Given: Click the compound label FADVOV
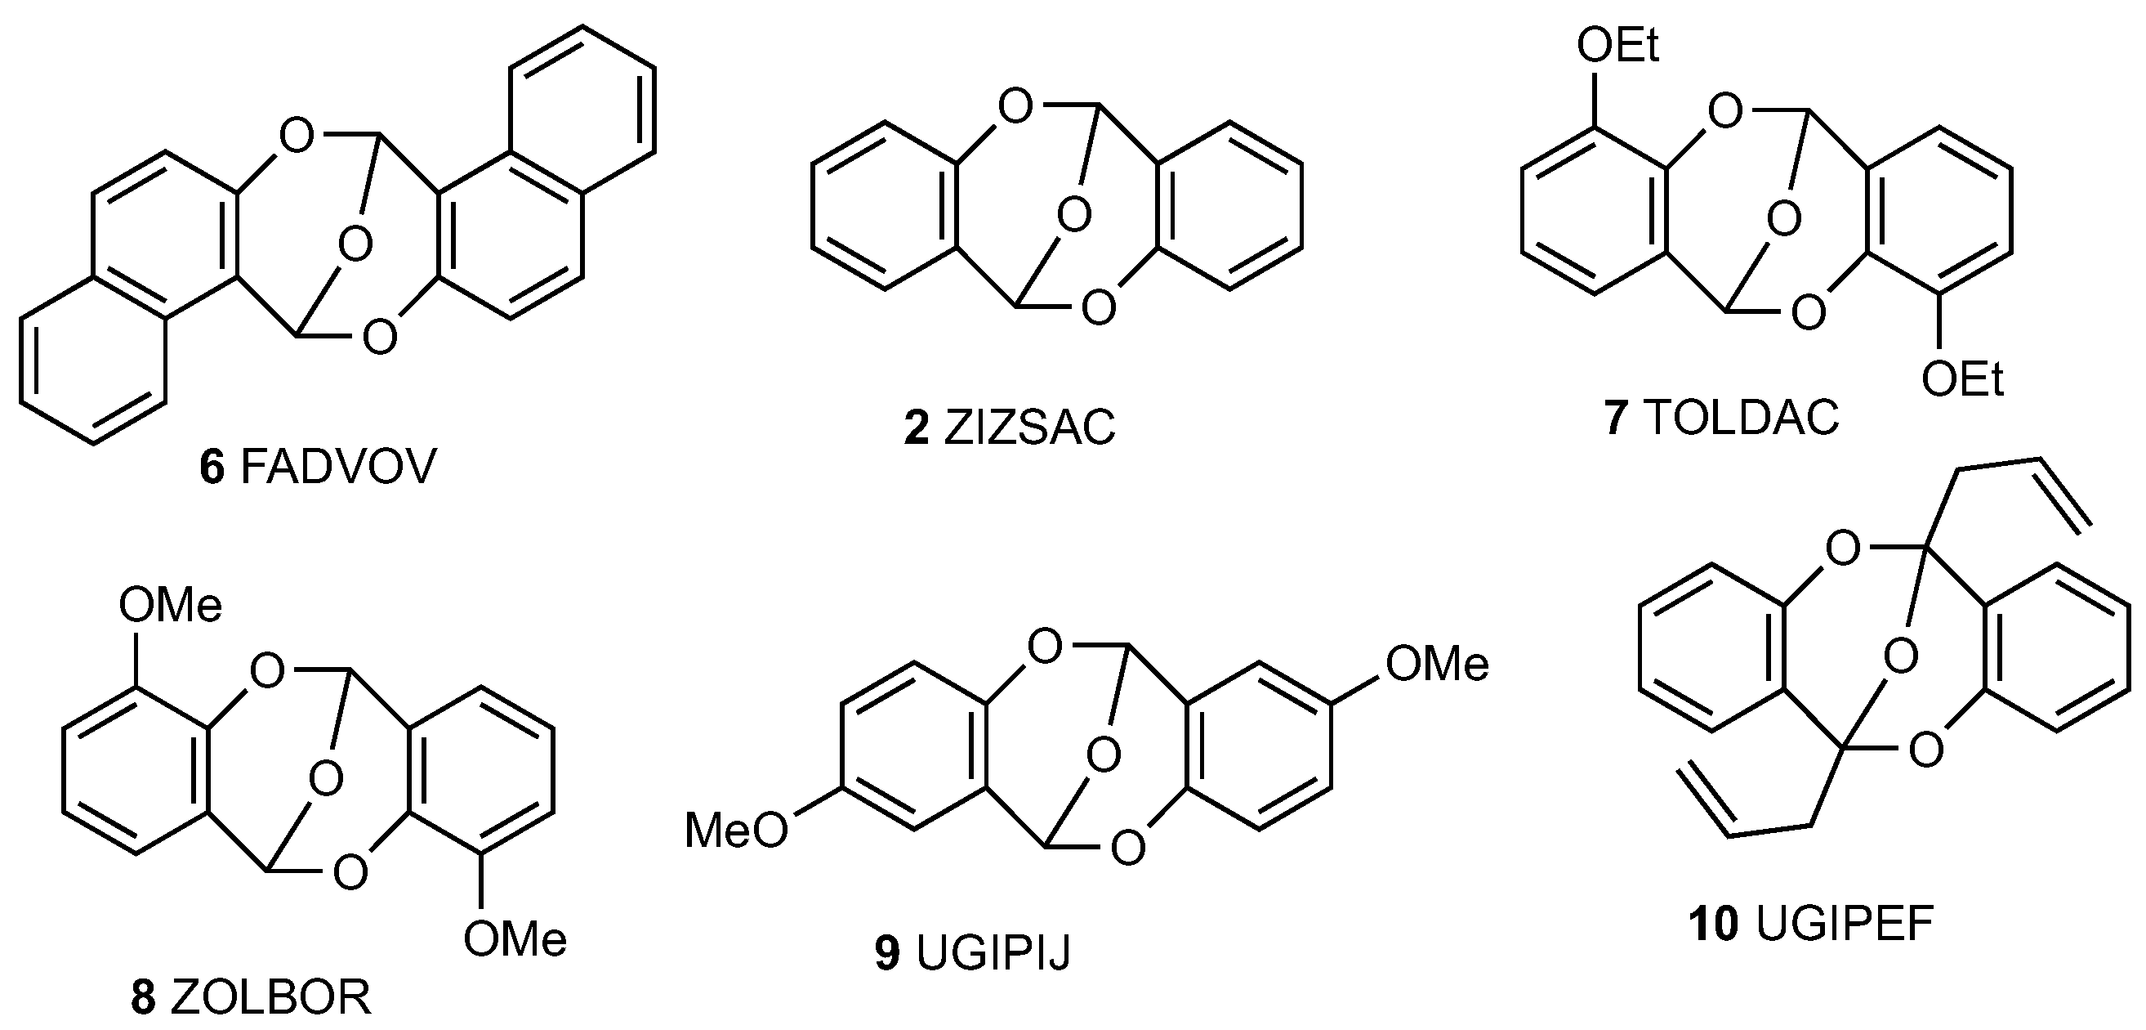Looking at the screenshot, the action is (x=338, y=468).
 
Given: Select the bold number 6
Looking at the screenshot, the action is (x=212, y=468).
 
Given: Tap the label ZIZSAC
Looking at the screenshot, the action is (x=1029, y=429).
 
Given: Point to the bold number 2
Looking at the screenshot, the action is (x=917, y=429).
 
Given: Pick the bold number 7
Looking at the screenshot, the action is (x=1617, y=419).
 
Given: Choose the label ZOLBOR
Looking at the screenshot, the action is (x=270, y=997).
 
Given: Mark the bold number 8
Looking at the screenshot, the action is (x=143, y=997).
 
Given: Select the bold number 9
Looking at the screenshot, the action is (x=888, y=953).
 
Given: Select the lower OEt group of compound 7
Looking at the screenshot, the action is (x=1962, y=381).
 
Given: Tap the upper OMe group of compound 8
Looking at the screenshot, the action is (x=171, y=605).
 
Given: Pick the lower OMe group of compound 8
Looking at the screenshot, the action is (x=515, y=939).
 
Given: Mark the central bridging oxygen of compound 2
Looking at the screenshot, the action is (x=1074, y=216).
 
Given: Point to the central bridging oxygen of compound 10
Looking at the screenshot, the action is (x=1900, y=656).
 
